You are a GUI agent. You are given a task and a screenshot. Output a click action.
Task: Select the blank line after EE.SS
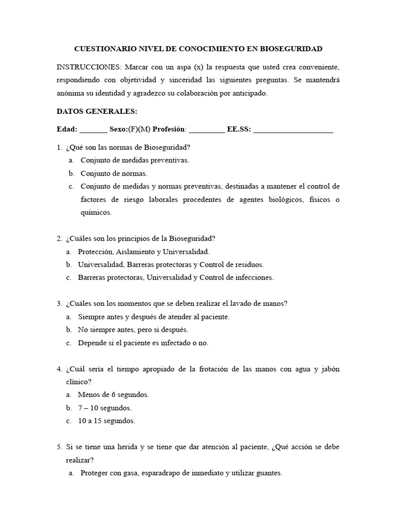click(x=293, y=130)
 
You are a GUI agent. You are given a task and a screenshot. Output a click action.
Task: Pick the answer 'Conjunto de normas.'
click(x=114, y=173)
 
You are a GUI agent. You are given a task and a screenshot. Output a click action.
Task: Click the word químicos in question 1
click(x=96, y=213)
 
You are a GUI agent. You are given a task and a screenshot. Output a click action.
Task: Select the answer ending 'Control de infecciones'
click(x=176, y=277)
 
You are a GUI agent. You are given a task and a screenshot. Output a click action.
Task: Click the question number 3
click(x=59, y=304)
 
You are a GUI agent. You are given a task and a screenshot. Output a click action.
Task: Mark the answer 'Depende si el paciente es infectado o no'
click(x=143, y=343)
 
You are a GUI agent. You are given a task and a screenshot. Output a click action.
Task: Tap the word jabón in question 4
click(x=330, y=369)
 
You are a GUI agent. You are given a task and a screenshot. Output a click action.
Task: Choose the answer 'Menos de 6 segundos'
click(x=113, y=395)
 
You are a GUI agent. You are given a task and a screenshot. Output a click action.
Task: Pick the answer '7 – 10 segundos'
click(x=105, y=408)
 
